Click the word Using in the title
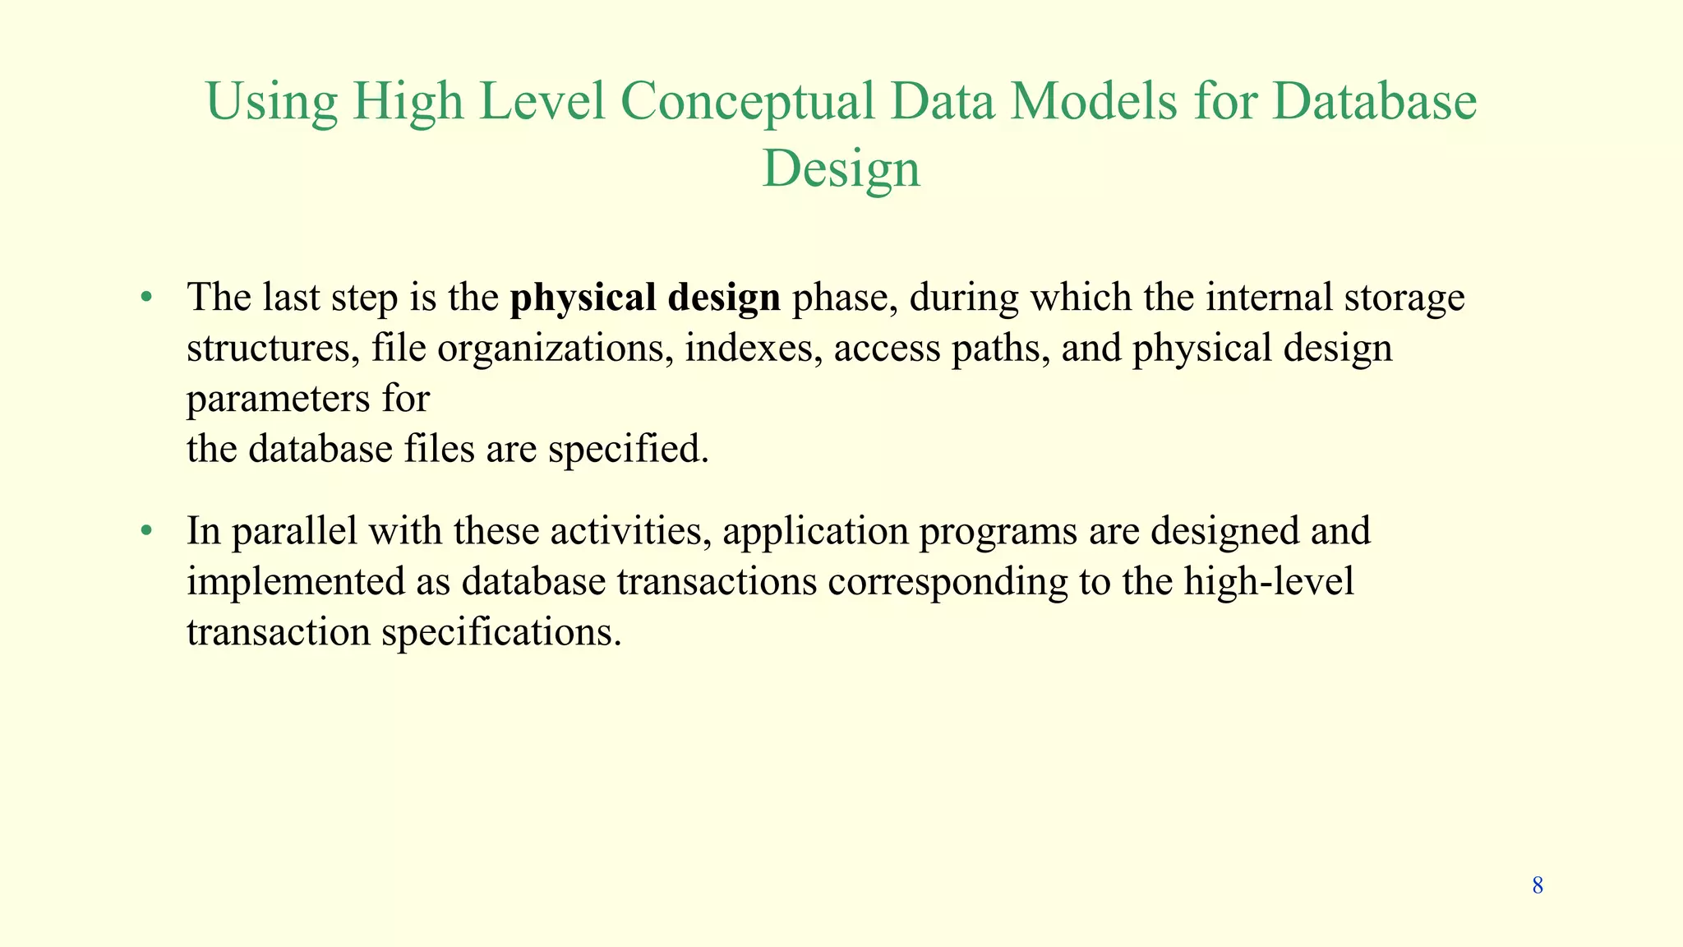tap(271, 102)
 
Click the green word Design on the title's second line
tap(841, 169)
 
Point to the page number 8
tap(1538, 885)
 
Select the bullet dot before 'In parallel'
tap(146, 530)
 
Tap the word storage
tap(1404, 298)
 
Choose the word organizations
tap(550, 349)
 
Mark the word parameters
tap(279, 400)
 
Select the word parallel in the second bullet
tap(294, 532)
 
